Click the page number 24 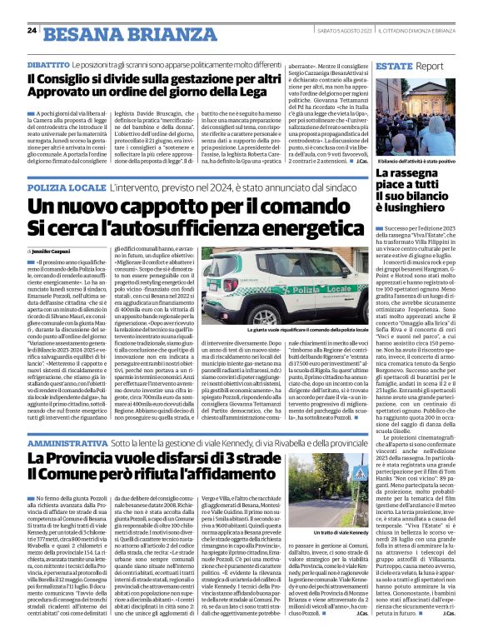31,31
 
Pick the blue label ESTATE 394,64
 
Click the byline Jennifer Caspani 55,250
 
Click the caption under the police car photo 311,308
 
